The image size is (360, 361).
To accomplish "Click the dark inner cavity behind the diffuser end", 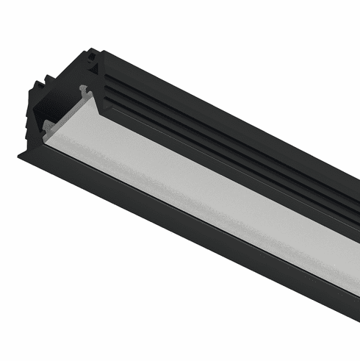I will (62, 96).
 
